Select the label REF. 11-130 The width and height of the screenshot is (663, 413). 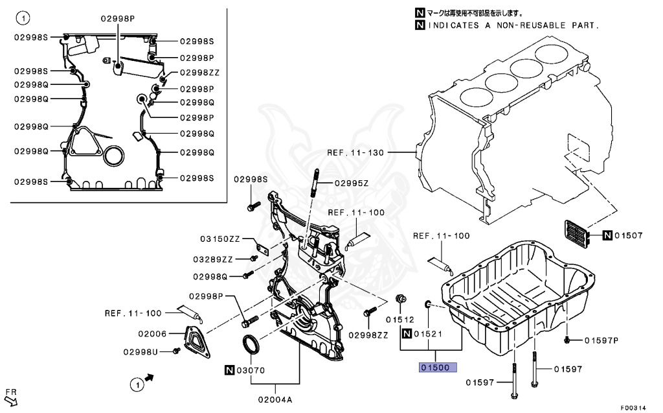coord(355,154)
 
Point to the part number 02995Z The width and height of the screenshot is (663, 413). coord(352,183)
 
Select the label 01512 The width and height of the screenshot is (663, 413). coord(400,319)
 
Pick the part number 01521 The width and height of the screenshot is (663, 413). coord(429,334)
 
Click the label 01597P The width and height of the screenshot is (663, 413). coord(601,340)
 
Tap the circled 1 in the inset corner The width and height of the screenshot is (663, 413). coord(23,16)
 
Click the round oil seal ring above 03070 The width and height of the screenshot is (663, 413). coord(251,345)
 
